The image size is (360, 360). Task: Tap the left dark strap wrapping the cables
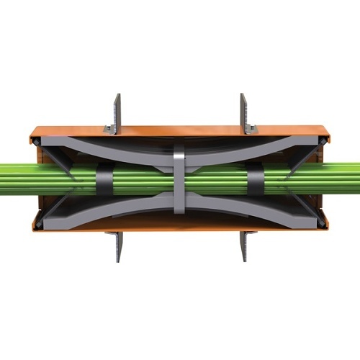coord(105,180)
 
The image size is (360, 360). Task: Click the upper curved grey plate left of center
coord(130,153)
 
